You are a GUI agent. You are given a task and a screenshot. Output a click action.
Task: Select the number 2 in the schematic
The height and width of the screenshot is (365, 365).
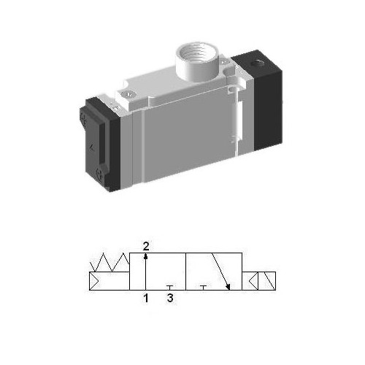tap(146, 246)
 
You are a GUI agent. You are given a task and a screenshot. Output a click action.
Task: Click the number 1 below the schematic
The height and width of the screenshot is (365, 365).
tap(146, 298)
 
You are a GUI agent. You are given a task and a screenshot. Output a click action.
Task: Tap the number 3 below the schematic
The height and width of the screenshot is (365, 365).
tap(170, 298)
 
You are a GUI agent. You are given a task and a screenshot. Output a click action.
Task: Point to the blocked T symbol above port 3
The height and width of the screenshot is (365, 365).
tap(170, 287)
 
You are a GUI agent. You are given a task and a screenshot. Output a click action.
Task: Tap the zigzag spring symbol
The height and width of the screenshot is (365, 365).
tap(109, 261)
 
